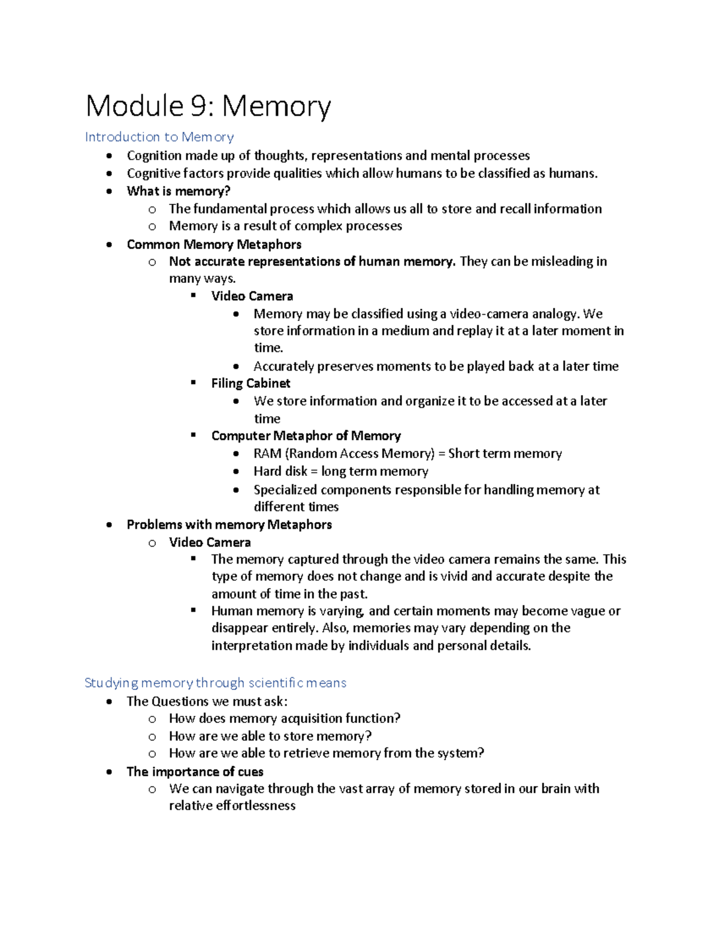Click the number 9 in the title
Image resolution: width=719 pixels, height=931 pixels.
coord(199,106)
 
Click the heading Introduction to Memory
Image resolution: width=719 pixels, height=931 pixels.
coord(159,137)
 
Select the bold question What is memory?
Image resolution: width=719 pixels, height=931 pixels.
coord(179,191)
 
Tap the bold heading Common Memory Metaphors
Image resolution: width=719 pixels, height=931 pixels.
coord(214,245)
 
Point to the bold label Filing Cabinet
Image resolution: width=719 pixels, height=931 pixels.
coord(250,384)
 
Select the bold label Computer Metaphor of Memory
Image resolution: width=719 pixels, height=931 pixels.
coord(306,436)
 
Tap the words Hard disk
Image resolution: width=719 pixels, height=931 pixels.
coord(280,472)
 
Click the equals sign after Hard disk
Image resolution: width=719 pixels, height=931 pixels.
coord(314,472)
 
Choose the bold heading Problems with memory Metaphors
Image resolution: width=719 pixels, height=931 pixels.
coord(229,525)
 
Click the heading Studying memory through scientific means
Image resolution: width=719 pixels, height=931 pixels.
coord(215,683)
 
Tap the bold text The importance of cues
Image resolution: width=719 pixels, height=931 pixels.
coord(195,772)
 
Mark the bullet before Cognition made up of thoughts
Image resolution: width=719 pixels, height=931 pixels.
coord(109,156)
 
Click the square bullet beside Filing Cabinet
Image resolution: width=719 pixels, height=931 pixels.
coord(194,382)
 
